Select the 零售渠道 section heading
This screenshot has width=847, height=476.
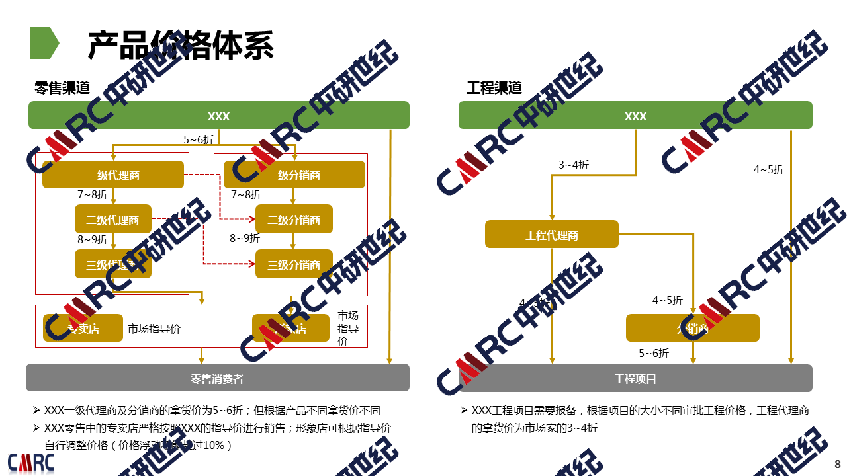62,87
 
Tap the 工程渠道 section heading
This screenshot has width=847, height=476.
494,87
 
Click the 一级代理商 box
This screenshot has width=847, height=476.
113,175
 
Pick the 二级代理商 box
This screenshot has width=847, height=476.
112,220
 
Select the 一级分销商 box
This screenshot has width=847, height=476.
294,175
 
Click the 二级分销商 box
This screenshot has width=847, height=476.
294,220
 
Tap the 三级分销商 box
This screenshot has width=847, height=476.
294,265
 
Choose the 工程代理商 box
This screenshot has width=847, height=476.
552,235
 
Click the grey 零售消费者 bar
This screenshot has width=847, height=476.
217,379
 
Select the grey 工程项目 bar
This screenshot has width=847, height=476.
635,379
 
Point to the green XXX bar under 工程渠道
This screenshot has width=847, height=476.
635,116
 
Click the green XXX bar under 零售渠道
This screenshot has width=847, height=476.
218,116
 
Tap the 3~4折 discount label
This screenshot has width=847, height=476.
574,165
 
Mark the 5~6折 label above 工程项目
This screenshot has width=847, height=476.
654,353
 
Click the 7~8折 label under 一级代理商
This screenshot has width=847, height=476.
93,195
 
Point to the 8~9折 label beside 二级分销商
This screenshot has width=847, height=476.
245,238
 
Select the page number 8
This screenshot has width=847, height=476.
837,463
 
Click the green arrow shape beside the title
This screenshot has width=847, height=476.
44,43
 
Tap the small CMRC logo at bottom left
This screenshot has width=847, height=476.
31,462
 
